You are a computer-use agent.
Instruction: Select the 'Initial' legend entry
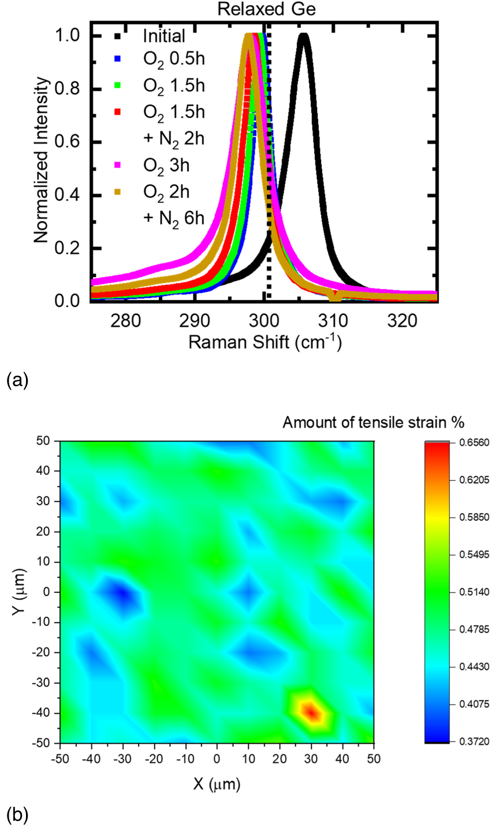(x=164, y=36)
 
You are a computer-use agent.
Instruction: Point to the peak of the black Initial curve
(x=303, y=36)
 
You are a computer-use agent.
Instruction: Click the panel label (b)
(x=17, y=815)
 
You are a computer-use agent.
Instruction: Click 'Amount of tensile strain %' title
(x=373, y=423)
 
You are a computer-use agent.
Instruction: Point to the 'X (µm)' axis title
(x=217, y=784)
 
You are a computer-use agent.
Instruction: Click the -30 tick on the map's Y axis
(x=44, y=683)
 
